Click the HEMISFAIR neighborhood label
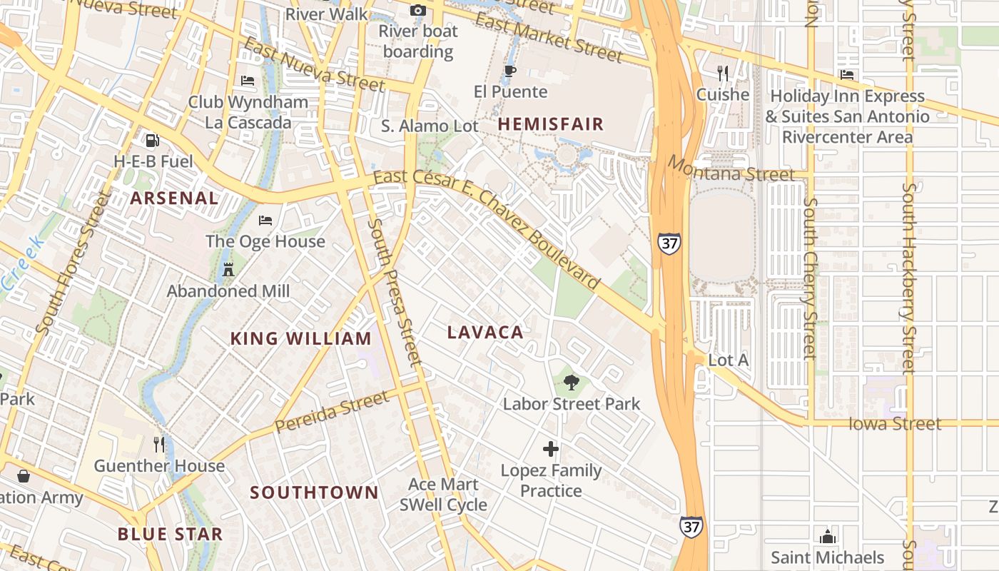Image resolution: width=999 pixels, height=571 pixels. pyautogui.click(x=550, y=124)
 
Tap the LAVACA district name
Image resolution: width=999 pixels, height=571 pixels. pyautogui.click(x=485, y=332)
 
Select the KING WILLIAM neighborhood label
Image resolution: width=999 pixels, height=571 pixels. pyautogui.click(x=300, y=338)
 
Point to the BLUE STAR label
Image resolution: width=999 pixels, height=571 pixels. pyautogui.click(x=170, y=534)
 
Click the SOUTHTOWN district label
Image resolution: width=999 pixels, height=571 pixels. pyautogui.click(x=314, y=492)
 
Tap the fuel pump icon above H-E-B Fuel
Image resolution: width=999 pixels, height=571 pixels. pyautogui.click(x=153, y=141)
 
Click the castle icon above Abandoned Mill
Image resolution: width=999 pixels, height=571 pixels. pyautogui.click(x=228, y=269)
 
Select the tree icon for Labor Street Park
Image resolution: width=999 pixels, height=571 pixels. pyautogui.click(x=571, y=383)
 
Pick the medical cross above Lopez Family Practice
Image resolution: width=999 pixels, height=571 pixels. pyautogui.click(x=550, y=449)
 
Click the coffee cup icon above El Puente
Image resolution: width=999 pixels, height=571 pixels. pyautogui.click(x=509, y=71)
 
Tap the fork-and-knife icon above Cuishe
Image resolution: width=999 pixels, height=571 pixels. pyautogui.click(x=723, y=73)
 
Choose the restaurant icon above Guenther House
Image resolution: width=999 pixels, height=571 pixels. pyautogui.click(x=159, y=445)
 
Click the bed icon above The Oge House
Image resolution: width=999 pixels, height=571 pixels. pyautogui.click(x=265, y=220)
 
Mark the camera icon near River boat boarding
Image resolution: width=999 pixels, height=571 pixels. pyautogui.click(x=417, y=10)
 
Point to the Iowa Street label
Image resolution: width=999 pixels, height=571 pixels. pyautogui.click(x=895, y=424)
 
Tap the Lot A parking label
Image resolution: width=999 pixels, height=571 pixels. pyautogui.click(x=728, y=360)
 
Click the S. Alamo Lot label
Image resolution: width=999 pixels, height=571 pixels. pyautogui.click(x=430, y=126)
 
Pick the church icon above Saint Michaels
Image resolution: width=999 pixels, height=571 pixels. pyautogui.click(x=828, y=536)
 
